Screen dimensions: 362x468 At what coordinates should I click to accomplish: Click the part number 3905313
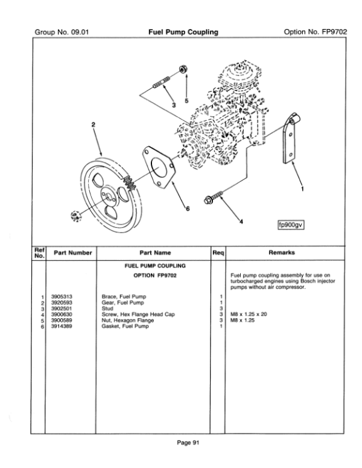click(x=62, y=297)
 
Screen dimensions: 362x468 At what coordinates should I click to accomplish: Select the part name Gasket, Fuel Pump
click(x=125, y=326)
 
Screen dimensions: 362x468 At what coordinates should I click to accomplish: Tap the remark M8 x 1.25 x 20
click(x=249, y=314)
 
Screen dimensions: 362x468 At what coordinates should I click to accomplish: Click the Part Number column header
click(x=73, y=253)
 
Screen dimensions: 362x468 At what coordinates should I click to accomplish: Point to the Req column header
click(x=218, y=253)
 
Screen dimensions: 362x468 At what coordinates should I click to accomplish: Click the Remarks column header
click(x=282, y=252)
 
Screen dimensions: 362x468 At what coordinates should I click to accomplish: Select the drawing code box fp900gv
click(x=291, y=225)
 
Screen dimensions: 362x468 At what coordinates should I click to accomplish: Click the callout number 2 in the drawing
click(x=94, y=125)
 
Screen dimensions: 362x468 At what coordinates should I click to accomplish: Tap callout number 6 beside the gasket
click(x=188, y=209)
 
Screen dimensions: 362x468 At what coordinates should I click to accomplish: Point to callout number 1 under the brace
click(x=302, y=189)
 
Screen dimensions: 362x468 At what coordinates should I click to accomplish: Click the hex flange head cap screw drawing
click(x=214, y=197)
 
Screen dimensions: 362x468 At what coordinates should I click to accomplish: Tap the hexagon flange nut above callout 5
click(x=183, y=69)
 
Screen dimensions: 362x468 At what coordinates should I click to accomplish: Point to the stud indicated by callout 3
click(x=162, y=82)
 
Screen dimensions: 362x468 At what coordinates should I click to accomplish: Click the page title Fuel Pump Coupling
click(x=183, y=32)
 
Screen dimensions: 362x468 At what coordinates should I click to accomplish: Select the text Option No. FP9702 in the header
click(x=316, y=32)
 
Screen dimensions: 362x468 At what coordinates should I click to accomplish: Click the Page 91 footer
click(x=188, y=443)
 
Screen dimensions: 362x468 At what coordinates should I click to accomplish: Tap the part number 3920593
click(x=62, y=303)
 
